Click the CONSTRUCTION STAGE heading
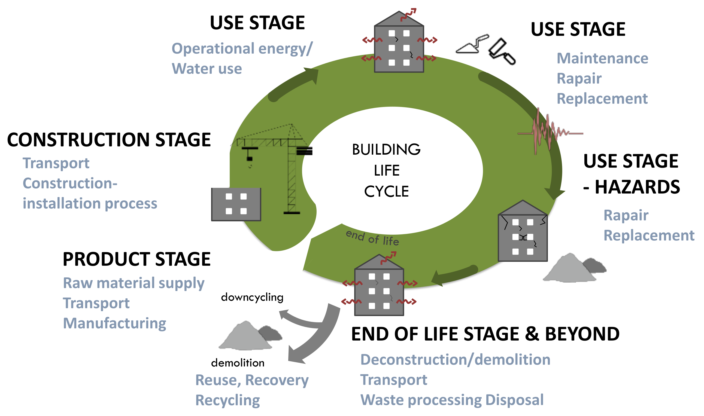[109, 140]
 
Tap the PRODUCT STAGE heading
[136, 259]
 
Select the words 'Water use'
[207, 69]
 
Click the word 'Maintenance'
[602, 58]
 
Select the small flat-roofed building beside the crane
[236, 204]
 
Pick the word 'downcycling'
[252, 297]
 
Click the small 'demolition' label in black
[238, 363]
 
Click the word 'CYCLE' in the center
[386, 192]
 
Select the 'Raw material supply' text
[133, 283]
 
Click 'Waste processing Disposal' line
[451, 400]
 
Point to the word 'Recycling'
[227, 400]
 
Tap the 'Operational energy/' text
[242, 49]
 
